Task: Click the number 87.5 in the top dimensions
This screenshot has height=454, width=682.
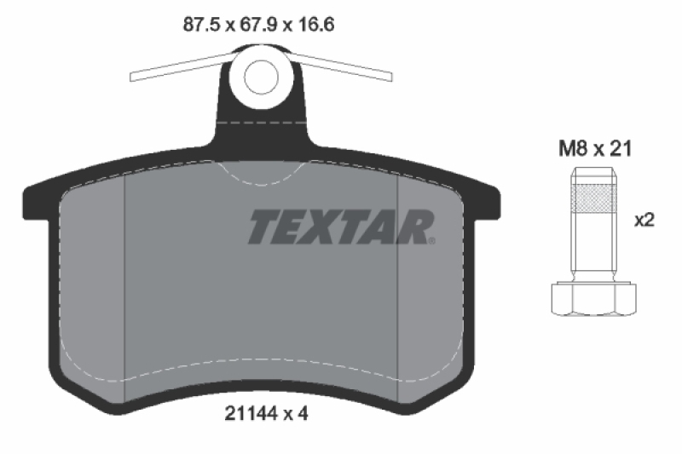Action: tap(201, 25)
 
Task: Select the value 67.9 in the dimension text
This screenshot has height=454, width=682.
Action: tap(257, 25)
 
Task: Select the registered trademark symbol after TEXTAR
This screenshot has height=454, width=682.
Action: tap(431, 240)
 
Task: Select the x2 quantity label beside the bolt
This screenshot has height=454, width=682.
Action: tap(644, 220)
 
